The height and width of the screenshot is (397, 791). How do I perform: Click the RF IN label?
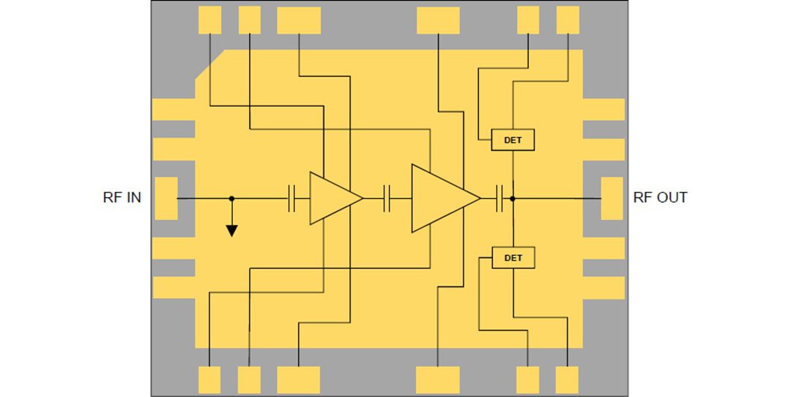122,198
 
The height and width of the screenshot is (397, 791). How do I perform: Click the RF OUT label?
660,198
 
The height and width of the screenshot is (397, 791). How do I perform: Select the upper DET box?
513,140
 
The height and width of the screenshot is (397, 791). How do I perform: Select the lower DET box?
513,258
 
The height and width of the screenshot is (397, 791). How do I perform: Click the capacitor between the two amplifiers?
388,198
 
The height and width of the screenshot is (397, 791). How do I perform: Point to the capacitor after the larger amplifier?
501,198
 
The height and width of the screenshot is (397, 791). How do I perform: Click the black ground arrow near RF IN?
231,230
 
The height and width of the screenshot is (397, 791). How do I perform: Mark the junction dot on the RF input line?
231,198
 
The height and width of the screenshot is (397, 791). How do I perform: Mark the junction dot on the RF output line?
513,198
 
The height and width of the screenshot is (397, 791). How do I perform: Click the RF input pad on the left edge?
167,198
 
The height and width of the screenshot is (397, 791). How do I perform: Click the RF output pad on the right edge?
612,198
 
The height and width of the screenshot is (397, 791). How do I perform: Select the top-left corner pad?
209,20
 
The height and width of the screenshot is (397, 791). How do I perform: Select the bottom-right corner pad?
567,380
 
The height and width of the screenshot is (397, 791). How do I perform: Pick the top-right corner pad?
568,20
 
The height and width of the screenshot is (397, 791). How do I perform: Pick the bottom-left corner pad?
209,380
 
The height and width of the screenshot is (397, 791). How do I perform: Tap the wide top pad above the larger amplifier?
438,20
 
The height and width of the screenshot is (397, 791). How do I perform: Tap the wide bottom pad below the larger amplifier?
437,380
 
